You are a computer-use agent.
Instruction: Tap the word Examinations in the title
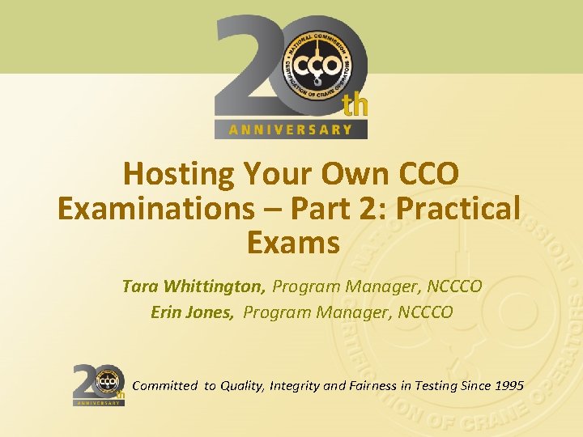[152, 209]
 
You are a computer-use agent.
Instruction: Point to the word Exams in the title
[291, 243]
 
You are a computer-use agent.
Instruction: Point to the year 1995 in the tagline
[507, 385]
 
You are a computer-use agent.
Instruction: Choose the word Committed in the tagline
[164, 385]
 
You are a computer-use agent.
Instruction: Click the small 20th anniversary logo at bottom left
[99, 384]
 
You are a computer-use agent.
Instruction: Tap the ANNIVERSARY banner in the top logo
[291, 129]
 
